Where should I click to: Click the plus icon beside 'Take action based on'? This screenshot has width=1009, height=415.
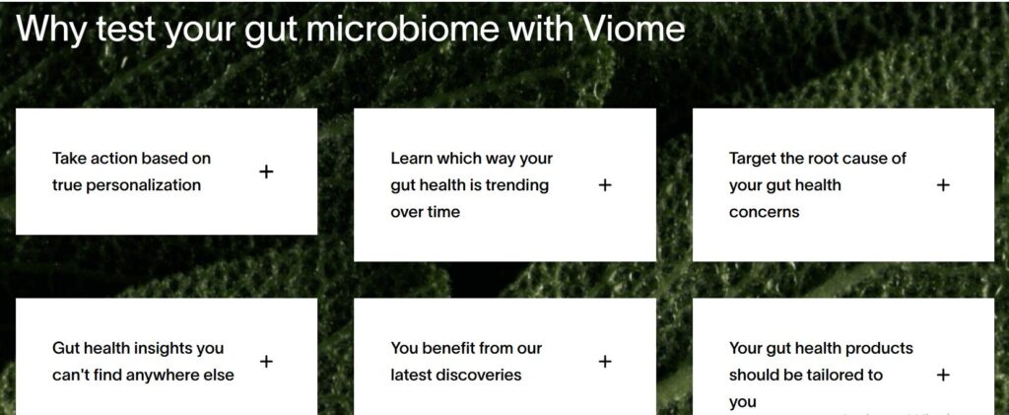pyautogui.click(x=266, y=172)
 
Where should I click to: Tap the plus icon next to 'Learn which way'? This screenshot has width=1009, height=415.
pyautogui.click(x=605, y=184)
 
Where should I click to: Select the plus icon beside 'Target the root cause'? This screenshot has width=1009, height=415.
pyautogui.click(x=943, y=184)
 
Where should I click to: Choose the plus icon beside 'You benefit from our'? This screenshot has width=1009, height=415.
pyautogui.click(x=605, y=362)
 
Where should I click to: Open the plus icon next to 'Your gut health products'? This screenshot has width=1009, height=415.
pyautogui.click(x=943, y=375)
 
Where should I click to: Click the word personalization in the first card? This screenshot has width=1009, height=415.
pyautogui.click(x=144, y=184)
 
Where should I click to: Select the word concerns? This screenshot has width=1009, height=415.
pyautogui.click(x=765, y=211)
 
